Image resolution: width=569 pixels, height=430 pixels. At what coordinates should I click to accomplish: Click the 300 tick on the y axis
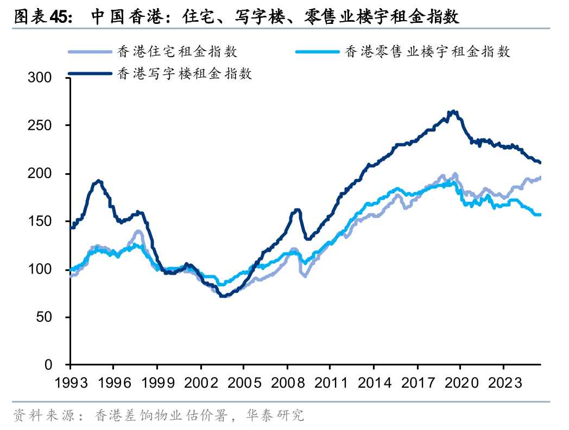pos(40,78)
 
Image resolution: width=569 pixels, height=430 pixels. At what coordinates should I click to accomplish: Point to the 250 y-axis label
pos(40,126)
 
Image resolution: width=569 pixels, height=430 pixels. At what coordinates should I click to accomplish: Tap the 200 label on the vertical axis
pos(40,174)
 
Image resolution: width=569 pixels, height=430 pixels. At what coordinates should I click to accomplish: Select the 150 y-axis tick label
pos(40,222)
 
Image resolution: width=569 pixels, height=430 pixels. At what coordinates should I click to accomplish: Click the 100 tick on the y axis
pos(40,269)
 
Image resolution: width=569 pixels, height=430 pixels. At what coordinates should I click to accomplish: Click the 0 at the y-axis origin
pos(49,365)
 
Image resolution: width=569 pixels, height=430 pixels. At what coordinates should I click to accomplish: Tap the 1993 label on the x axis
pos(71,382)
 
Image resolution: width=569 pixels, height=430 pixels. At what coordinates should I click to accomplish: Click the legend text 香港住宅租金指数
pos(178,52)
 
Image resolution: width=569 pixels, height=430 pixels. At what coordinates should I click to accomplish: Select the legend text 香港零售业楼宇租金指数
pos(427,52)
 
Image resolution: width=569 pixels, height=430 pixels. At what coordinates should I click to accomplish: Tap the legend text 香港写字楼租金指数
pos(185,73)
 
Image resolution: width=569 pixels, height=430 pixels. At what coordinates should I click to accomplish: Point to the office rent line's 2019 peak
pos(453,112)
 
